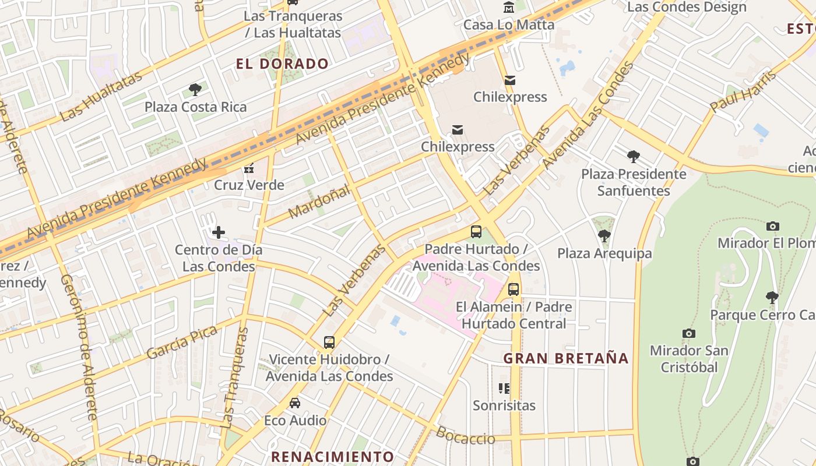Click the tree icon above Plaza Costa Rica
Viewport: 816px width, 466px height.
click(195, 90)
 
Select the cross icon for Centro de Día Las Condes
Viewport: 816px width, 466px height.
click(219, 233)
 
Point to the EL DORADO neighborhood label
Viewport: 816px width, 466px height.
click(282, 64)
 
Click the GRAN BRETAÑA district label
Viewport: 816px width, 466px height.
click(566, 358)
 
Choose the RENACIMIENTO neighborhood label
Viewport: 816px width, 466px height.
click(333, 456)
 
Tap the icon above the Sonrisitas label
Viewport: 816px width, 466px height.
click(504, 389)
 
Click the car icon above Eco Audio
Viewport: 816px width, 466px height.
click(295, 403)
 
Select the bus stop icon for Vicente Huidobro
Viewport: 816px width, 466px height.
click(329, 343)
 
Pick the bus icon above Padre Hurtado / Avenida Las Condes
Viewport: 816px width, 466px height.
click(476, 232)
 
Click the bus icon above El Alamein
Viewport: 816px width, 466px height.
click(513, 290)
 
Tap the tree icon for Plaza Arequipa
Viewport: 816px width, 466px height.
click(604, 236)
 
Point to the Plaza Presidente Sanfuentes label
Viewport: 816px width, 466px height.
click(634, 182)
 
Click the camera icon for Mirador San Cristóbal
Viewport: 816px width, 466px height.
click(689, 334)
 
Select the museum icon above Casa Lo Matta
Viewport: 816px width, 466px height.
click(509, 8)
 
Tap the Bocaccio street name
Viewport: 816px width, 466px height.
click(465, 436)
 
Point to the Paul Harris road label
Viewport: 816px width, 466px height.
click(743, 91)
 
